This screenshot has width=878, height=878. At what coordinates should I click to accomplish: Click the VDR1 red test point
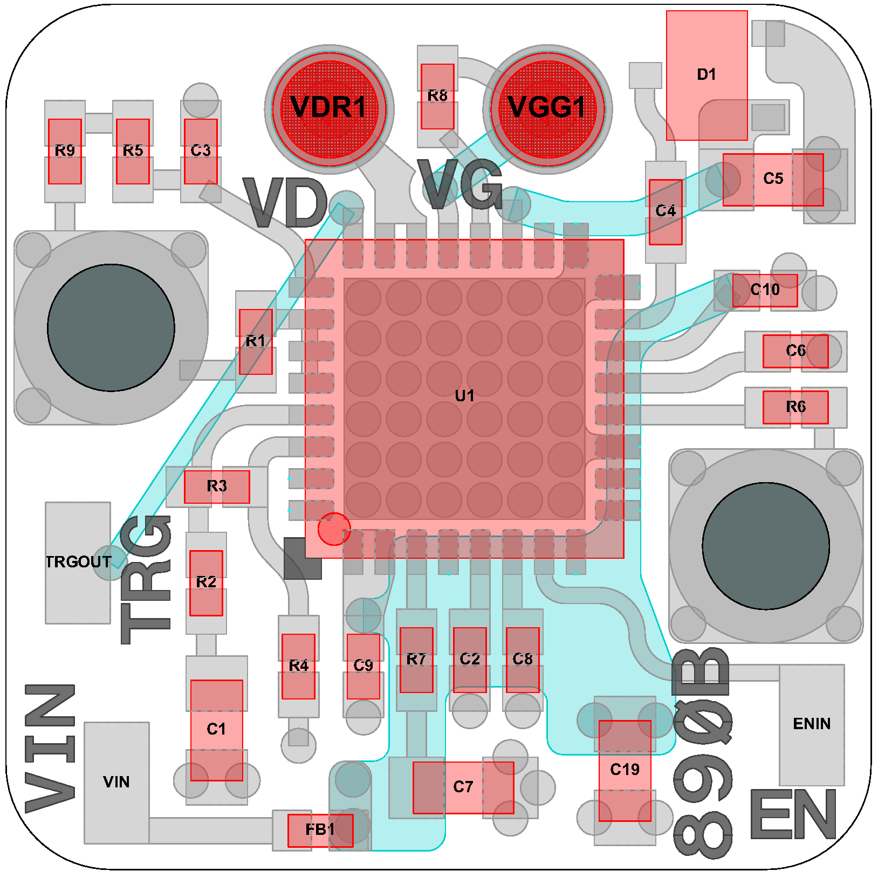329,108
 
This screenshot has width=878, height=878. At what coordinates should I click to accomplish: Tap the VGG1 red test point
547,108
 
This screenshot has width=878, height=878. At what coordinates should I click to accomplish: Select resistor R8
437,97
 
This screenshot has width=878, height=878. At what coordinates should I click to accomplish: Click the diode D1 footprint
706,75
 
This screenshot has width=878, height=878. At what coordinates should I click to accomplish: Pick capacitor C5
773,180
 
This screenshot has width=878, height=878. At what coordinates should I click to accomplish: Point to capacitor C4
666,212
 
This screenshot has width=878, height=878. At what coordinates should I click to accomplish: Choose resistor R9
65,152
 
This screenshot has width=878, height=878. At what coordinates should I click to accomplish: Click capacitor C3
201,152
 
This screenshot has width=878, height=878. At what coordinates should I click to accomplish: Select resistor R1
256,342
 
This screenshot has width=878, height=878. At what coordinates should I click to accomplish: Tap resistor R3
217,487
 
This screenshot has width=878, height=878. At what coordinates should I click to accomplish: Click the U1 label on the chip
464,396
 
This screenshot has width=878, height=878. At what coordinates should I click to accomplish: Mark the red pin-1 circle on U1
334,529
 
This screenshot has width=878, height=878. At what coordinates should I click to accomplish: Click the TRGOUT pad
78,563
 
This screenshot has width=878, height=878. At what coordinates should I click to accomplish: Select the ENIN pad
812,724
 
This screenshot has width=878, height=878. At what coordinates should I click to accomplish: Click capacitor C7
463,788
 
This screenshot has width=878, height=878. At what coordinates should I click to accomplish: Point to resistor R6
795,407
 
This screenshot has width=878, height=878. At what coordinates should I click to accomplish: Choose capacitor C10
765,291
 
